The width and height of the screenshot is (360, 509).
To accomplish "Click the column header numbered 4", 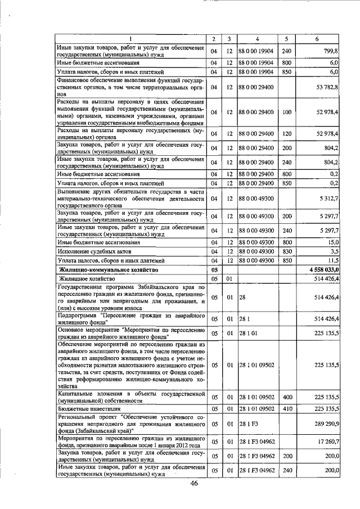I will click(256, 39).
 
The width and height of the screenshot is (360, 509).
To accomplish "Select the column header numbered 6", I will click(318, 39).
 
